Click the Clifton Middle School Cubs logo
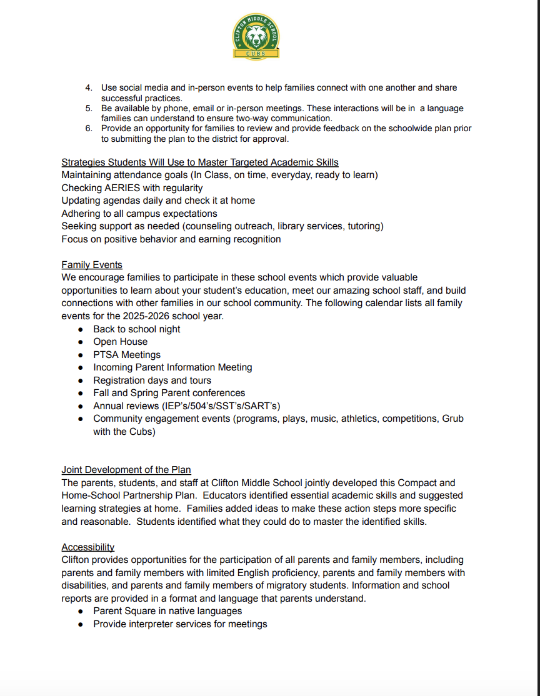coord(255,38)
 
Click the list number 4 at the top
coord(89,88)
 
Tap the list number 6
coord(89,128)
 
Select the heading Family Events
coord(92,264)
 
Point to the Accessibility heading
coord(88,547)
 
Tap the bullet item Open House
coord(121,342)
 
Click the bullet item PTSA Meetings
coord(127,355)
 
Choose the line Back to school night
coord(137,329)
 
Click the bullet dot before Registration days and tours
coord(81,380)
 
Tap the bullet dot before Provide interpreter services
coord(81,624)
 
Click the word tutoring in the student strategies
coord(361,226)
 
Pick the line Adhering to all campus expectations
coord(139,213)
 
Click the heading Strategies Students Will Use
coord(200,162)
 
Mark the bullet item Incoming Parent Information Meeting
coord(172,367)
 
